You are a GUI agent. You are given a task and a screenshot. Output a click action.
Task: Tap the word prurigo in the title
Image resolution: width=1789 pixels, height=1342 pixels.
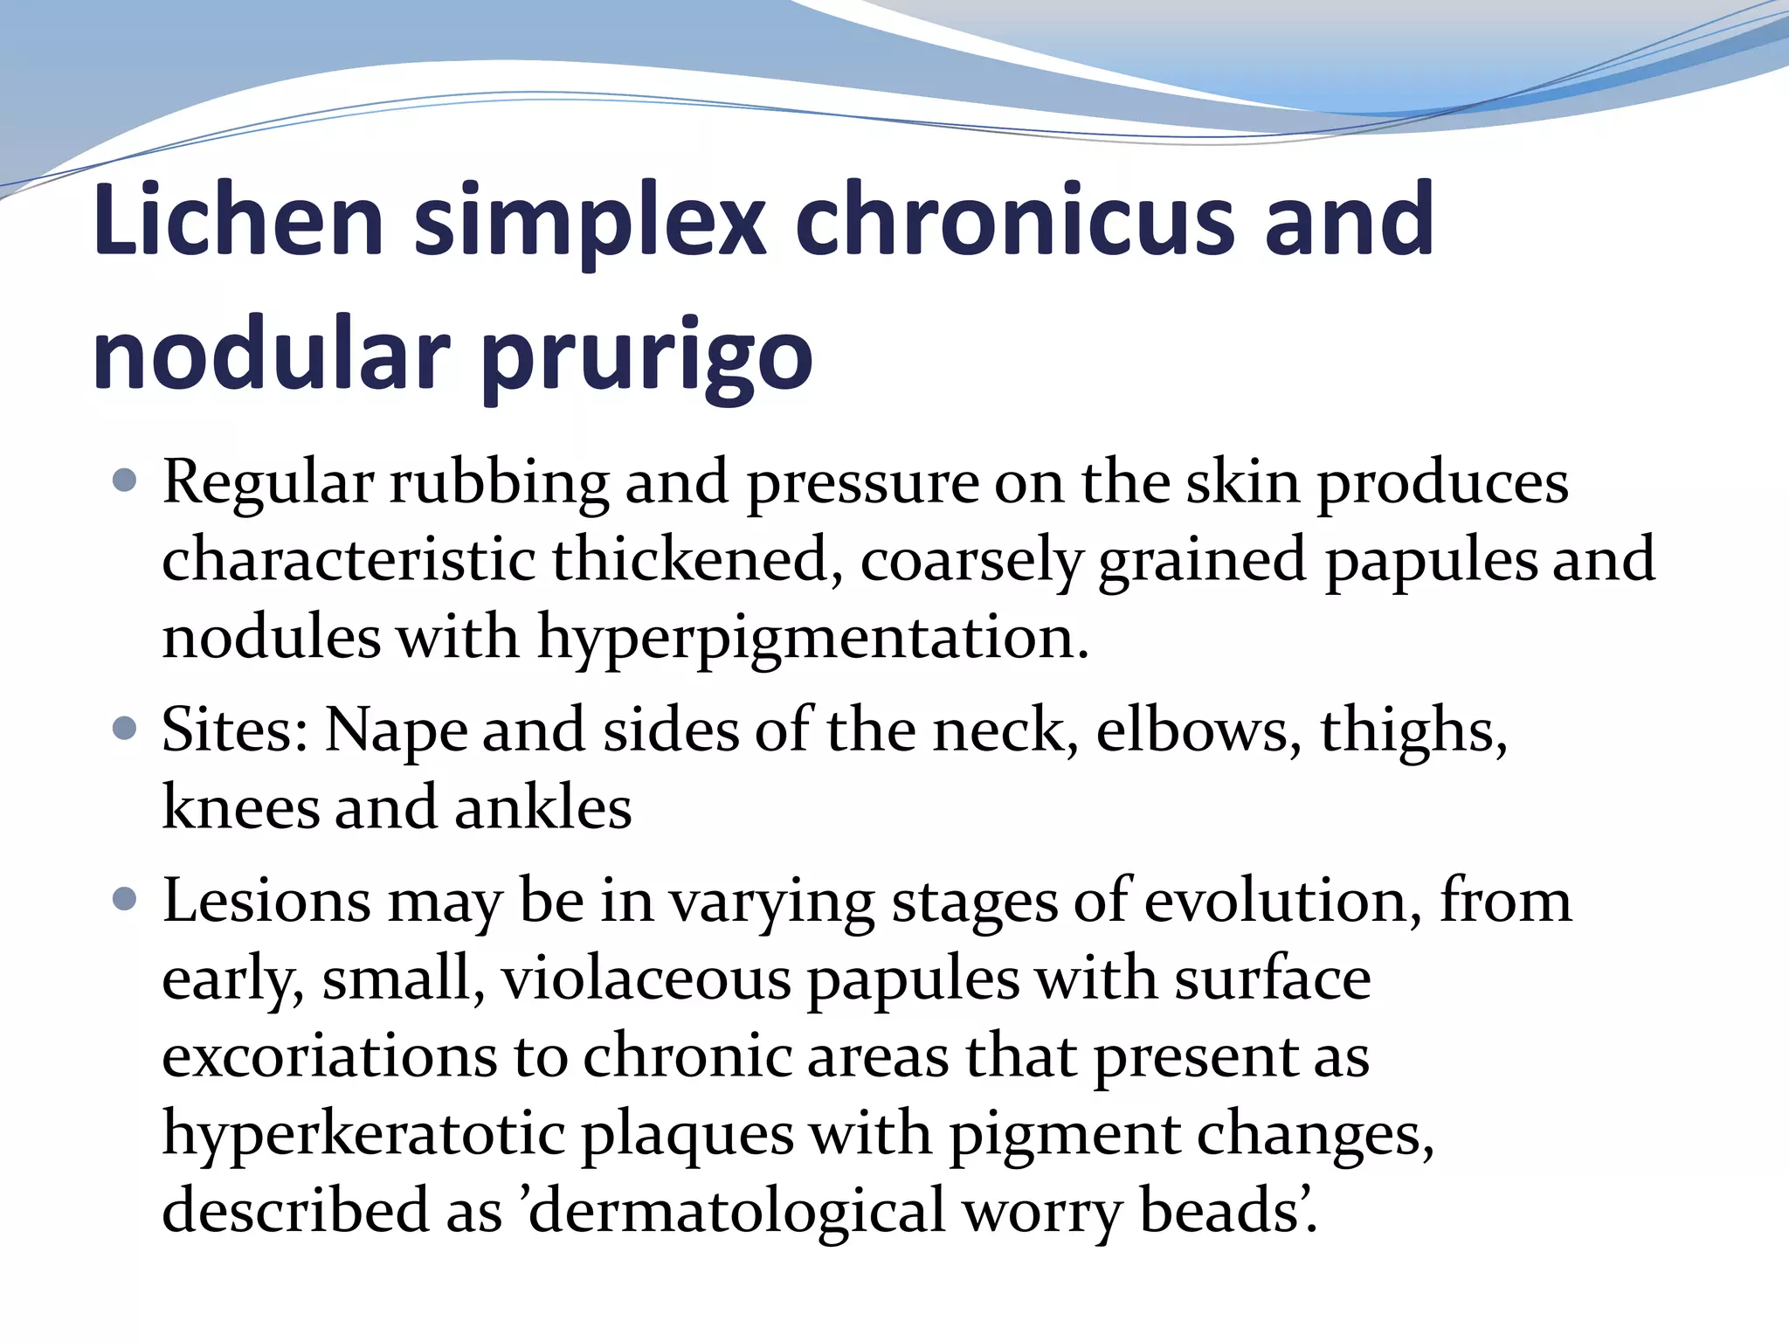(646, 357)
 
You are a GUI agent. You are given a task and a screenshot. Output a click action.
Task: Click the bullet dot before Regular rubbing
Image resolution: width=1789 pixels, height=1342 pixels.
(126, 481)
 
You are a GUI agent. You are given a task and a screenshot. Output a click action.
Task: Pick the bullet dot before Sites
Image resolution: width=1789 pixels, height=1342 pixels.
(126, 728)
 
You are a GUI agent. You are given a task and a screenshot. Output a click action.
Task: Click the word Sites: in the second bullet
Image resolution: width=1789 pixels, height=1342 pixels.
(235, 730)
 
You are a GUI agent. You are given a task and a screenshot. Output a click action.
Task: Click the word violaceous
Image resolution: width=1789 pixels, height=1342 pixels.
(646, 979)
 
